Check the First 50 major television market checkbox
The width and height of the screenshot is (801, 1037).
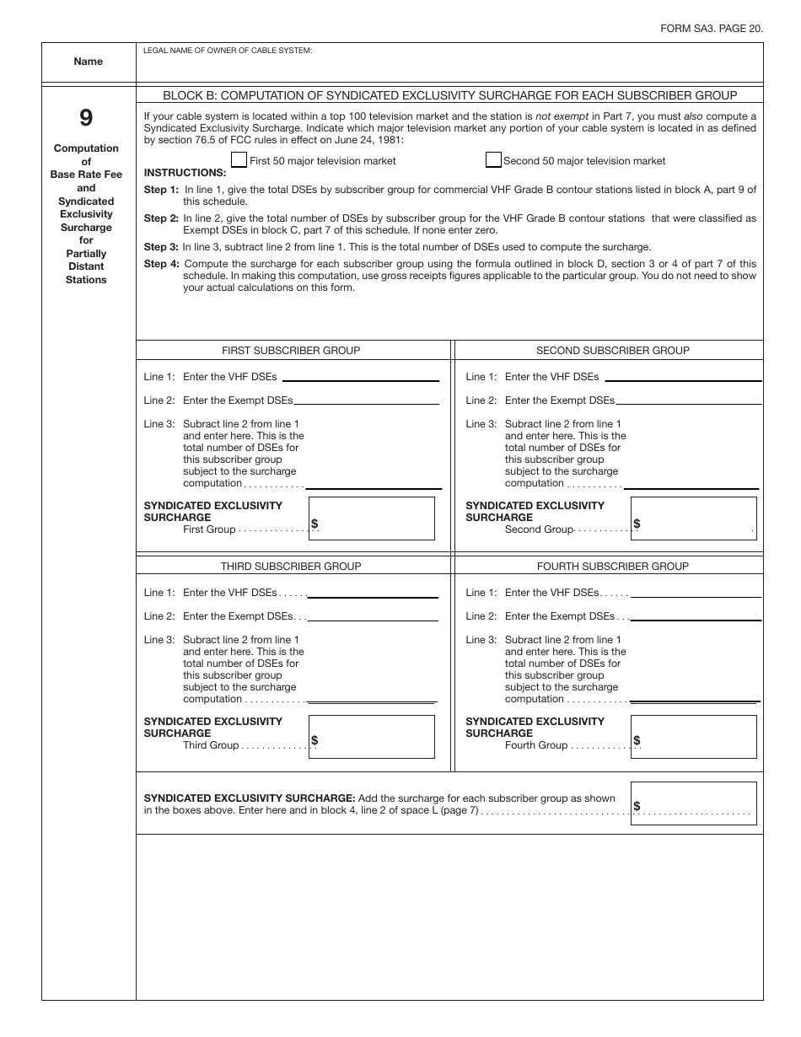pyautogui.click(x=239, y=160)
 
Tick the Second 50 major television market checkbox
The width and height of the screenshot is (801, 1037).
pyautogui.click(x=493, y=160)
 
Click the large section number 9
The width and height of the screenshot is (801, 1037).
pyautogui.click(x=86, y=118)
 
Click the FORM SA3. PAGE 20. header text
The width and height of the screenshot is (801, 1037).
pyautogui.click(x=712, y=28)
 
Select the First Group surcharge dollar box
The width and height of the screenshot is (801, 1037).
pyautogui.click(x=372, y=518)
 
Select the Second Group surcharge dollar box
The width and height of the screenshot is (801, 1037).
pyautogui.click(x=693, y=518)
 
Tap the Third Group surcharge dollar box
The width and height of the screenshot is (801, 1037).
pyautogui.click(x=372, y=736)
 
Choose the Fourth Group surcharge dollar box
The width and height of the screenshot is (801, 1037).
pyautogui.click(x=693, y=736)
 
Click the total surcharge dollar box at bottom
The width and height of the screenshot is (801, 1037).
pyautogui.click(x=693, y=803)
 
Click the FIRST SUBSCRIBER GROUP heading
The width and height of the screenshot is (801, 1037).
pyautogui.click(x=291, y=351)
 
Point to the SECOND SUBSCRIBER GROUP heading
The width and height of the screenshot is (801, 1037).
pyautogui.click(x=613, y=351)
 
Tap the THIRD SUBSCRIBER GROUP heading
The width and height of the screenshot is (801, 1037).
pyautogui.click(x=291, y=567)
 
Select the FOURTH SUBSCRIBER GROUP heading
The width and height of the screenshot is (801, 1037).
pyautogui.click(x=613, y=567)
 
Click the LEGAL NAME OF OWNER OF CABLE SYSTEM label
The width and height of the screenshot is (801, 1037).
pyautogui.click(x=228, y=51)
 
